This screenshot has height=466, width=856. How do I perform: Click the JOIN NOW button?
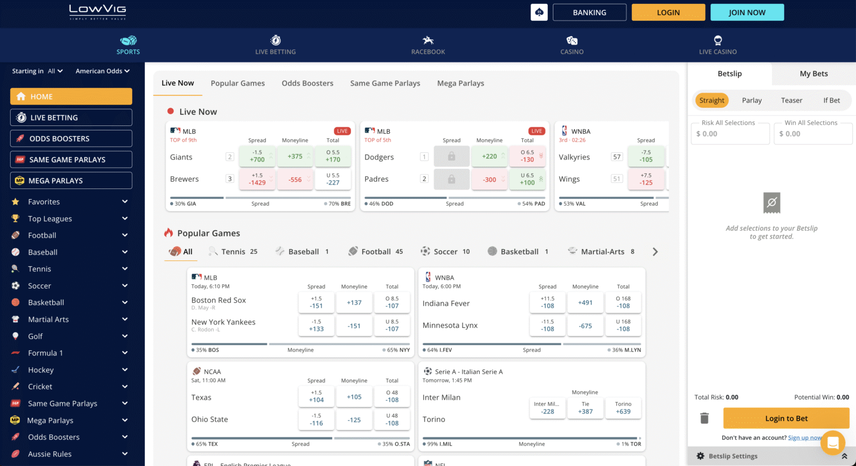click(747, 12)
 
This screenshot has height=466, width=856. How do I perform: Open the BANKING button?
click(589, 12)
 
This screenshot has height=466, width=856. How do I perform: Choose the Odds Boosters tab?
click(307, 83)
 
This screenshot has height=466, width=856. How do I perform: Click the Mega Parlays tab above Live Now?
click(460, 83)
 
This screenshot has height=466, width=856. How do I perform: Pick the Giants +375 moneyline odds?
click(295, 157)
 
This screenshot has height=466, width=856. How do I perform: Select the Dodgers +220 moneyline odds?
click(489, 157)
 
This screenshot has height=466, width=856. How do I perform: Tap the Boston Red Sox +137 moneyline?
click(354, 303)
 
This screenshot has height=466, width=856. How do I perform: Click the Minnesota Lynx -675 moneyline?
click(585, 326)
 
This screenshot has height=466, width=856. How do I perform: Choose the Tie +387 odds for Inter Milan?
click(585, 408)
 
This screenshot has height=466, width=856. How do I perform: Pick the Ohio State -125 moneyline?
click(354, 420)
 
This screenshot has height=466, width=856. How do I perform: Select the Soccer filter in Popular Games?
click(445, 252)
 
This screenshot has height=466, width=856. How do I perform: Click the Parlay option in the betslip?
click(751, 100)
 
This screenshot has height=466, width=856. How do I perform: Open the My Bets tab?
click(813, 74)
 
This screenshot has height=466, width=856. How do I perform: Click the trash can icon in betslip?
click(704, 418)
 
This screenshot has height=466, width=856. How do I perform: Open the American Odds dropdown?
click(103, 71)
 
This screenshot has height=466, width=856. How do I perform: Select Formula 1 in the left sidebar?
click(46, 353)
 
